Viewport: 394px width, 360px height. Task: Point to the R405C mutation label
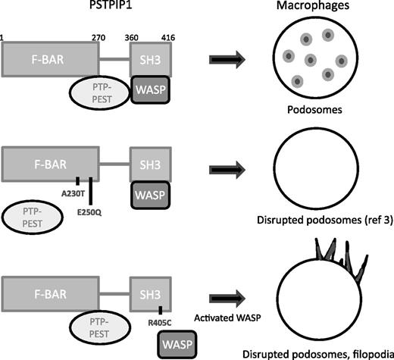pyautogui.click(x=160, y=318)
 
